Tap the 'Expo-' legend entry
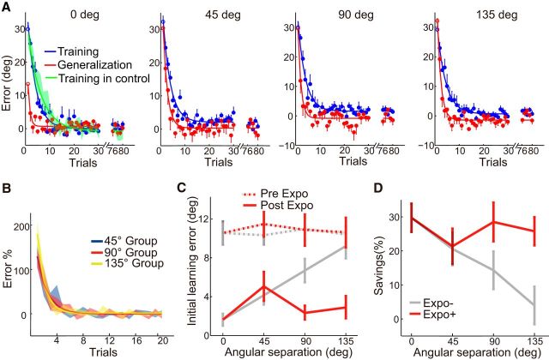pyautogui.click(x=438, y=303)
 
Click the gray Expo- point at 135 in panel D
pyautogui.click(x=534, y=304)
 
